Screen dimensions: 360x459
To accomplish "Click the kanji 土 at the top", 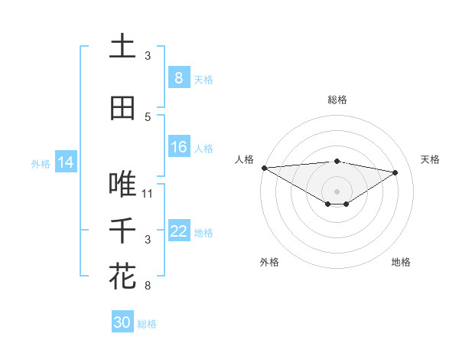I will pos(122,47).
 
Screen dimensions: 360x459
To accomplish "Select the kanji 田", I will pos(122,108).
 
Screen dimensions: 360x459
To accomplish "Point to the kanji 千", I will pos(122,231).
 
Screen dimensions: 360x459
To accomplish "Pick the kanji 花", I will pos(122,277).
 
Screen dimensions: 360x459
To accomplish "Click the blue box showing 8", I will pos(178,78).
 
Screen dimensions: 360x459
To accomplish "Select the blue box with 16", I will pos(178,148).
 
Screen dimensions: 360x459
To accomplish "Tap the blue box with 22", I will pos(178,231).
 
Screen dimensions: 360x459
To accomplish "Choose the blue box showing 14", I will pos(66,162).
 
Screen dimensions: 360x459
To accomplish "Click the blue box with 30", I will pos(122,322).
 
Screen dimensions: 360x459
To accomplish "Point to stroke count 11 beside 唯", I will pos(148,194).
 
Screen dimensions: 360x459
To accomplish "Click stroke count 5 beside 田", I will pos(148,117).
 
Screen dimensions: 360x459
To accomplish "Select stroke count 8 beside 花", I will pos(148,286).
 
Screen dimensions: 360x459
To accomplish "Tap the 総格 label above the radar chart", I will pos(337,100).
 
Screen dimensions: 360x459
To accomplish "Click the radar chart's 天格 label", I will pos(431,159).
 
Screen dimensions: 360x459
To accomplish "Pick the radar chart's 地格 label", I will pos(401,262).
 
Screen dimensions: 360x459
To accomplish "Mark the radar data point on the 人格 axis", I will pos(264,168).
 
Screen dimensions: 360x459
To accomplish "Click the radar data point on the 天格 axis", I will pos(396,172).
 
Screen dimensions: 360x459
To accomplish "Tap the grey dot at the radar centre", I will pos(337,191).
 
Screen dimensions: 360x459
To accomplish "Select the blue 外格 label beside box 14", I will pos(40,163).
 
